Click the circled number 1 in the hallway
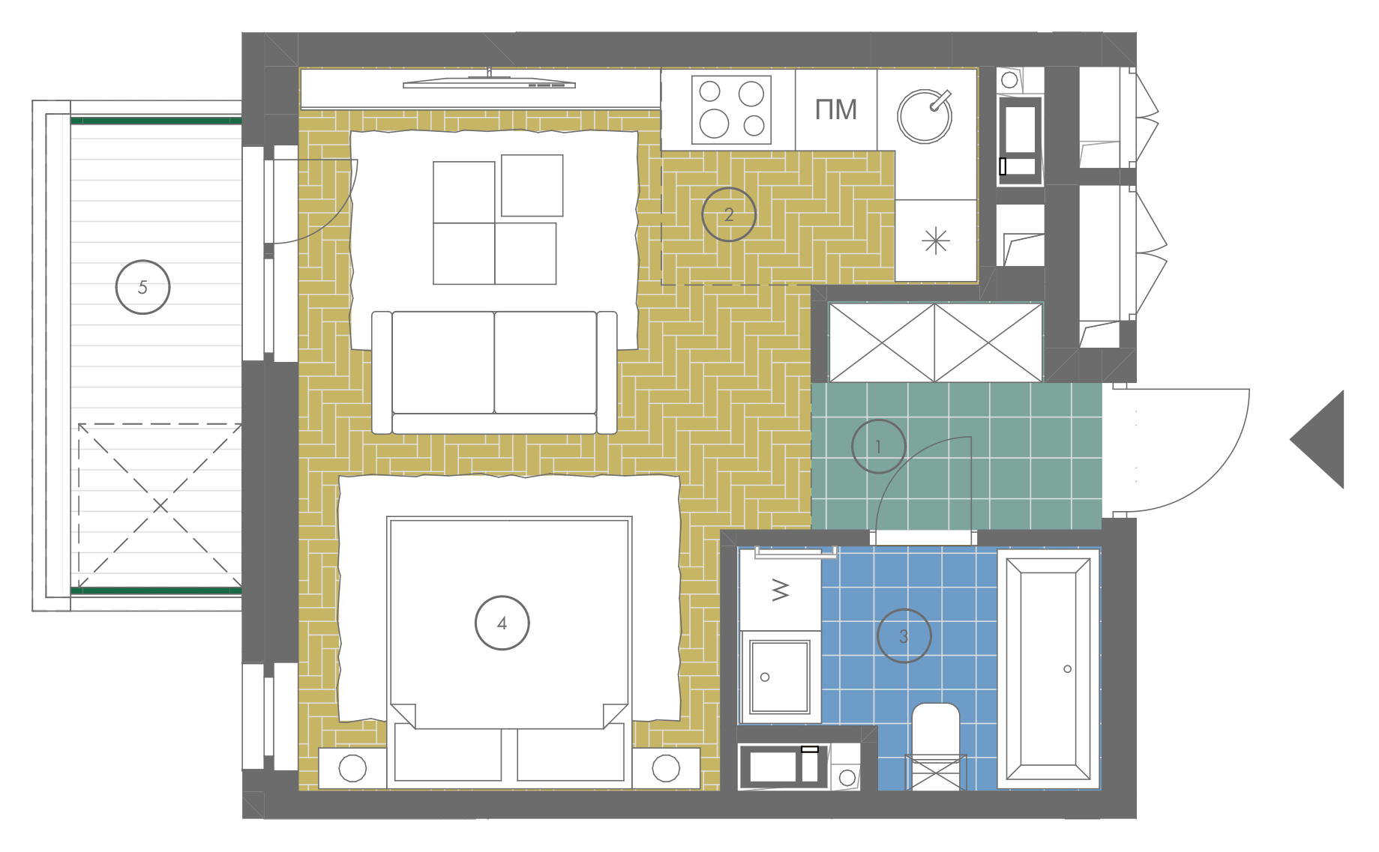879,447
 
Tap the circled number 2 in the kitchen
729,214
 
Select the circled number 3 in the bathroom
904,636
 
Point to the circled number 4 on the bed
502,623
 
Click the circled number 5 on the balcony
142,287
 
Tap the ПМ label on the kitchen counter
836,110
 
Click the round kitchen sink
925,116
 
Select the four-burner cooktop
731,109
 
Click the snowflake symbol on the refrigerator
936,241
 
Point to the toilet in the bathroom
935,746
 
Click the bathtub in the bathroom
1048,669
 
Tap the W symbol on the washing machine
781,590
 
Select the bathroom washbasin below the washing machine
780,677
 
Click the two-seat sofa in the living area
495,372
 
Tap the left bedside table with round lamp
352,768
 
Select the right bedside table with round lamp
666,768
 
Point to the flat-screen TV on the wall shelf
489,82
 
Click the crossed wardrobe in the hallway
936,342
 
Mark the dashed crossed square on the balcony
160,506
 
